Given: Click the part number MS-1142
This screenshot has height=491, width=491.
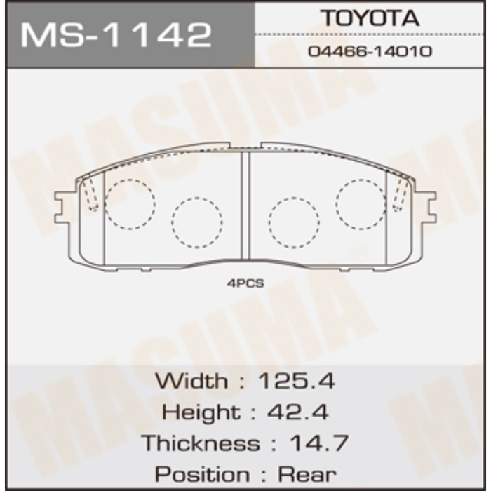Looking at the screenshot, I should click(116, 34).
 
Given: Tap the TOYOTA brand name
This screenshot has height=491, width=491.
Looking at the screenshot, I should click(370, 18).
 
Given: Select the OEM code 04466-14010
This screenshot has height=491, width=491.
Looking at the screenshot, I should click(370, 51).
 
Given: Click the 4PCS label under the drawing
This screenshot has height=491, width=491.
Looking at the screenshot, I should click(245, 283).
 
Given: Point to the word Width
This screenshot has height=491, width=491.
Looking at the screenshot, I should click(191, 381).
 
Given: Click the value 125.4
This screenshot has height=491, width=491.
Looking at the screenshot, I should click(297, 381).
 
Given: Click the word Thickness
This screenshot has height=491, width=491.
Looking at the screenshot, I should click(200, 443).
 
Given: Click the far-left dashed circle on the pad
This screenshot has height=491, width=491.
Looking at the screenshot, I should click(130, 204).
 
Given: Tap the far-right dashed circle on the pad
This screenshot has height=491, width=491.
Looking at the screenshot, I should click(361, 204).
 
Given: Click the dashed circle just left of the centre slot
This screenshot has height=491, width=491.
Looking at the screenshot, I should click(197, 223).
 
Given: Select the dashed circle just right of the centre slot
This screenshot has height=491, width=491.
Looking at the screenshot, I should click(294, 223).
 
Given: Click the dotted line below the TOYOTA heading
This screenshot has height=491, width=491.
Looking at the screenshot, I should click(370, 34).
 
